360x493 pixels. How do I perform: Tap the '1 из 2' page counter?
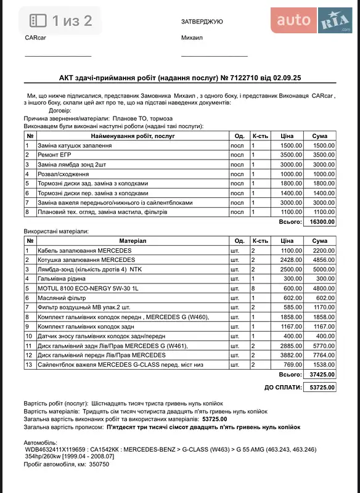click(72, 21)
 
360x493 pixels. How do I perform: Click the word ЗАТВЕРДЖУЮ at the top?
click(202, 22)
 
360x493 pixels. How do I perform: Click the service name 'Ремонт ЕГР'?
click(55, 155)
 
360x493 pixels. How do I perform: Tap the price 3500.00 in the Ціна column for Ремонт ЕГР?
click(291, 155)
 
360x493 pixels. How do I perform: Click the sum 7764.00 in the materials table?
click(322, 355)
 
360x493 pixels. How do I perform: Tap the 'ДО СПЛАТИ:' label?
click(283, 387)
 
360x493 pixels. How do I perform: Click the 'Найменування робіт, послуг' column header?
click(133, 136)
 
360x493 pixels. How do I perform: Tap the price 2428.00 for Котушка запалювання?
click(291, 259)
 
